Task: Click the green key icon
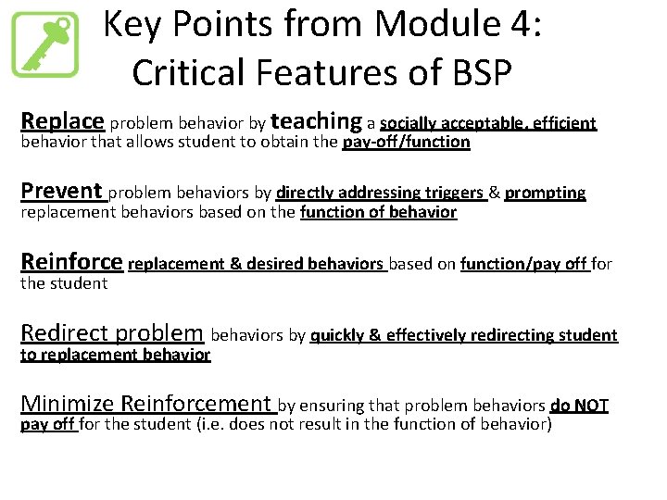click(x=44, y=44)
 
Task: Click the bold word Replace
click(x=63, y=121)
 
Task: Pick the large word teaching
click(x=317, y=121)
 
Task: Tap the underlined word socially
click(x=409, y=123)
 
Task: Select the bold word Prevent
click(x=61, y=192)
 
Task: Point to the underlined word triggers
click(x=454, y=193)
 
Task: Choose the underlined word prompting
click(x=546, y=193)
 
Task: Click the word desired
click(x=273, y=264)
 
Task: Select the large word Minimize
click(x=68, y=404)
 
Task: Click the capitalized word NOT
click(x=591, y=405)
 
